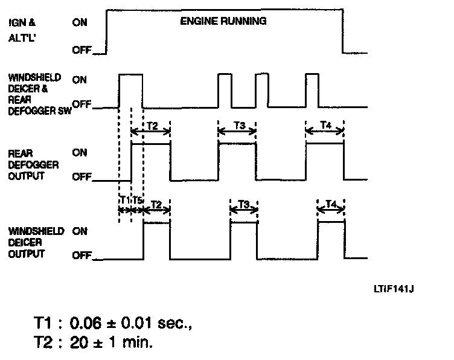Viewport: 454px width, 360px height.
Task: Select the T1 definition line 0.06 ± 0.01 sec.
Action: point(112,324)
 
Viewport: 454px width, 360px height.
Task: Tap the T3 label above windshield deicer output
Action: point(244,204)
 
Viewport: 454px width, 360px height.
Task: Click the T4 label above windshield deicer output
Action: point(331,204)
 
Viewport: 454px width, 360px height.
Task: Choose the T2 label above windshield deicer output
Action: point(156,204)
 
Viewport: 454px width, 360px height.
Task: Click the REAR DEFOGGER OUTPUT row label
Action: point(27,164)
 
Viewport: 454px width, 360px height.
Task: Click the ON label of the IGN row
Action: point(80,23)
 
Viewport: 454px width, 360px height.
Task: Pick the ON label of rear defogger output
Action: point(80,153)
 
